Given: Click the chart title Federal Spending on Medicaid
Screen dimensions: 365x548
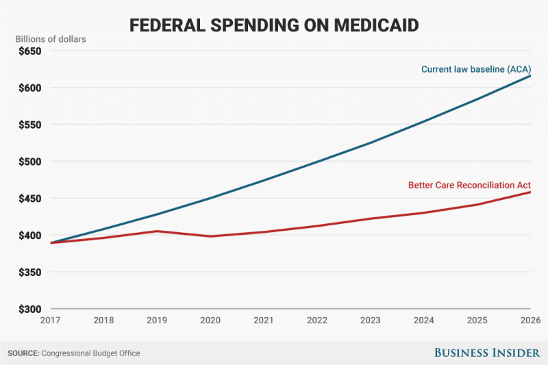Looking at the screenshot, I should (273, 26).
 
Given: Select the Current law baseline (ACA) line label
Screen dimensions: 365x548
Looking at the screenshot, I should (476, 69).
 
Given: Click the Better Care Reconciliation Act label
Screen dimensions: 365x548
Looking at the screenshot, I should (469, 185).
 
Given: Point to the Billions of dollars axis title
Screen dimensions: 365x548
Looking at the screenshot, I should (51, 38).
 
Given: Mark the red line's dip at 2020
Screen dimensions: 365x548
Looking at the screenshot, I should (210, 236).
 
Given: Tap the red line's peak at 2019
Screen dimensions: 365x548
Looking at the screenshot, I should (156, 231).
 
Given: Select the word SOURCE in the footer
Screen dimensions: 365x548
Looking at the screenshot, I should (23, 353).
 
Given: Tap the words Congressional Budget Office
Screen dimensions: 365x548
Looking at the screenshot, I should (91, 353).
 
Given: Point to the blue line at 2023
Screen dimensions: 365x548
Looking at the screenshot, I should (371, 142).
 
